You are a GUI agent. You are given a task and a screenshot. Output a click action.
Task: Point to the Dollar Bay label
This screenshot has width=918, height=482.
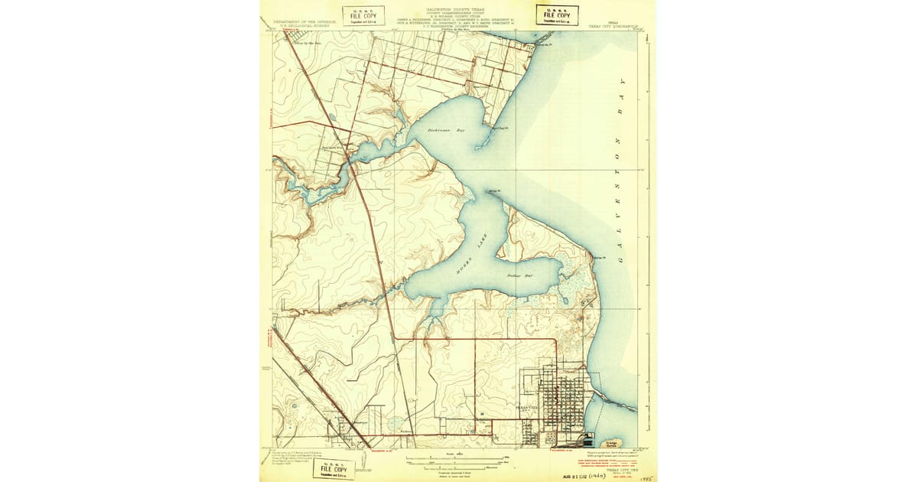tap(519, 274)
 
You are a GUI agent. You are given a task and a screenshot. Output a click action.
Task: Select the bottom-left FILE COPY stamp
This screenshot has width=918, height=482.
tap(334, 468)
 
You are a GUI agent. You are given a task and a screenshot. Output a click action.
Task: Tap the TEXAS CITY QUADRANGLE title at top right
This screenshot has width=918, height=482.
tap(613, 24)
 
